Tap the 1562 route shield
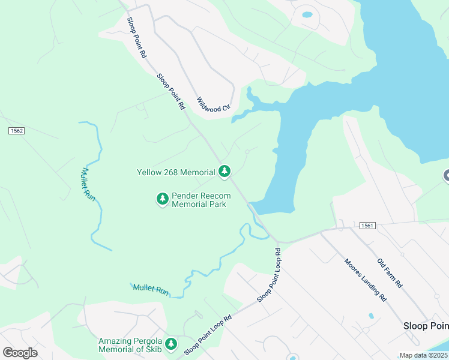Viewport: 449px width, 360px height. tap(16, 130)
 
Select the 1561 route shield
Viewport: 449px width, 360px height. tap(368, 226)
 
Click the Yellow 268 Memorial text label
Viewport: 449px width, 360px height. tap(176, 172)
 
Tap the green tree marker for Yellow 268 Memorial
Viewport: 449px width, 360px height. tap(224, 172)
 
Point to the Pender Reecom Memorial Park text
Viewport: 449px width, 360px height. tap(199, 200)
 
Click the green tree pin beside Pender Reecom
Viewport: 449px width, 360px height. tap(162, 199)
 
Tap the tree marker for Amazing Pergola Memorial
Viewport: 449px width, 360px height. tap(172, 344)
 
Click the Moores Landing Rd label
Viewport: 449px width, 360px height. tap(364, 278)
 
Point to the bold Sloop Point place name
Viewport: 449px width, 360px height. tap(425, 326)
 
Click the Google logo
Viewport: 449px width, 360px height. tap(20, 353)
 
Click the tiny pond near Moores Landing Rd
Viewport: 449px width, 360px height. tap(371, 316)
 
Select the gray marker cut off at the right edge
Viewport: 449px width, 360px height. tap(447, 176)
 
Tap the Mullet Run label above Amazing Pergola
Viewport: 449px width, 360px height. tap(151, 290)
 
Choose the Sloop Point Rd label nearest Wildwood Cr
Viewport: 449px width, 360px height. tap(171, 92)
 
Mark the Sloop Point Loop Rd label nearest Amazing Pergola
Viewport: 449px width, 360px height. tap(208, 335)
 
